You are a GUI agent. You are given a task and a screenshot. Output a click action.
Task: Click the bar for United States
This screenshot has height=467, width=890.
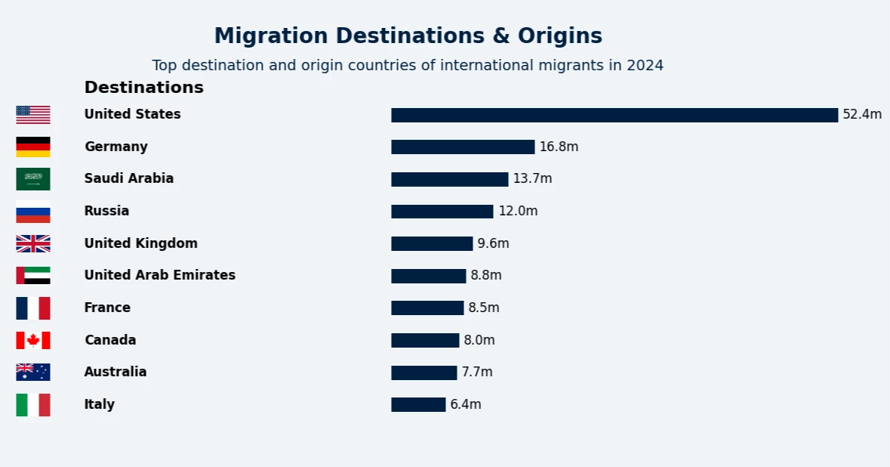coord(614,115)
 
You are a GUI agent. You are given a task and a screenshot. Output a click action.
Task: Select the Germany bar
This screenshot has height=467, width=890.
coord(463,147)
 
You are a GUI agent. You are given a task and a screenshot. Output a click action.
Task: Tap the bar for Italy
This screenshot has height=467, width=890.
coord(418,404)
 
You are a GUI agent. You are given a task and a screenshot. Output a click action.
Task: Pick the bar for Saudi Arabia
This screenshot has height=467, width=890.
coord(449,179)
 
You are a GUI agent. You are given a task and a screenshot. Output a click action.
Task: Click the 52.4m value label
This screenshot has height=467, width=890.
coord(862,115)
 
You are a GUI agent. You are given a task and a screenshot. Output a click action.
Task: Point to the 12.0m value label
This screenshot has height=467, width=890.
coord(518,212)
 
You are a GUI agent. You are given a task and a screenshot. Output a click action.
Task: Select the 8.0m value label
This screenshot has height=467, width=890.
coord(479,340)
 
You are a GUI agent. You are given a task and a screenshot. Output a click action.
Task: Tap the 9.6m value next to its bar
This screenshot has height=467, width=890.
coord(493,243)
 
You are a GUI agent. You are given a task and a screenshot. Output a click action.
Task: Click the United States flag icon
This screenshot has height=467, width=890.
coord(33,115)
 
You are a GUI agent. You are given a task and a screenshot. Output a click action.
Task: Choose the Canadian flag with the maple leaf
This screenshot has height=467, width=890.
coord(33,340)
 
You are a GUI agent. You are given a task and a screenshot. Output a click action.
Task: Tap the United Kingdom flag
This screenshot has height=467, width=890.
coord(33,243)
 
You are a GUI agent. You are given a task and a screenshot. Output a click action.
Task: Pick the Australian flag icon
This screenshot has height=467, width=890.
coord(33,372)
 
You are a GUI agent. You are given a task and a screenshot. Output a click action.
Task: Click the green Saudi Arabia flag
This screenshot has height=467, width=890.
coord(33,179)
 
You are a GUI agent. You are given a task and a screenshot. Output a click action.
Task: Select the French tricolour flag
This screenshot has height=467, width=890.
coord(33,308)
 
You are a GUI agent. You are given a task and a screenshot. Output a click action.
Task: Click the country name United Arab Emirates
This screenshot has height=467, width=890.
coord(159,275)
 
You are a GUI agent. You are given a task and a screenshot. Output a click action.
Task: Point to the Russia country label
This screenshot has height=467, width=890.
coord(106,211)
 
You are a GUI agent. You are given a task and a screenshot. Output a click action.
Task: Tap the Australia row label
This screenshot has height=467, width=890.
coord(115,372)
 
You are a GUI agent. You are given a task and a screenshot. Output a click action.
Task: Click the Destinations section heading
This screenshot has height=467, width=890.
coord(143,88)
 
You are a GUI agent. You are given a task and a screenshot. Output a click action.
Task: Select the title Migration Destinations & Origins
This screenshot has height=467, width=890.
coord(408,36)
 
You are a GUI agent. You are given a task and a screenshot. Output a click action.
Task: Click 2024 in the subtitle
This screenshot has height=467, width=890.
coord(645,66)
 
